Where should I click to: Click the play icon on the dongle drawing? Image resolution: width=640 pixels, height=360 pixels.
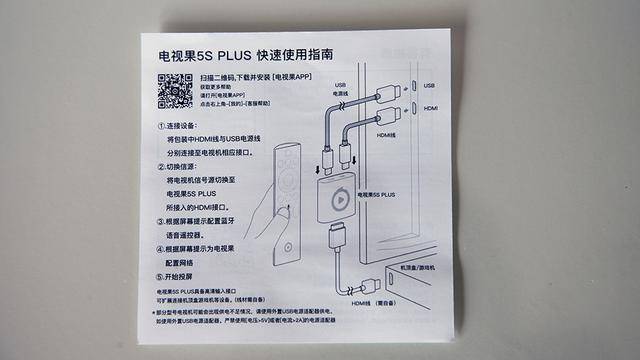(338, 196)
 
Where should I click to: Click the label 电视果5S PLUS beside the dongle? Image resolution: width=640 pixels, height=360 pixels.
(377, 194)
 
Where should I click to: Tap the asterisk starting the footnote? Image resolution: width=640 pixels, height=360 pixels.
(156, 311)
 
